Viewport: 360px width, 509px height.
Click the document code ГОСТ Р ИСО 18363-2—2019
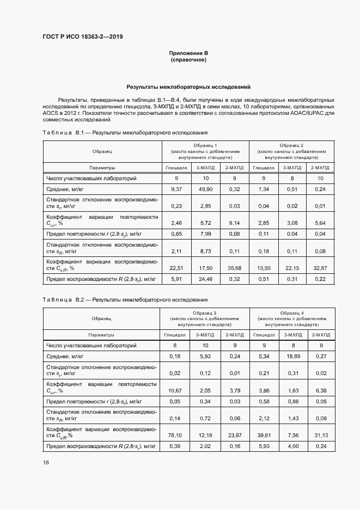pyautogui.click(x=83, y=37)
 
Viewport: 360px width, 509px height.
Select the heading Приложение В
pyautogui.click(x=188, y=53)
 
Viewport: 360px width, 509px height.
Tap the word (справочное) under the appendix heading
pyautogui.click(x=188, y=59)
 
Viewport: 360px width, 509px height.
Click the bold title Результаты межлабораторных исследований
pyautogui.click(x=188, y=87)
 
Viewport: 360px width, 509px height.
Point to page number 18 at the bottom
pyautogui.click(x=45, y=462)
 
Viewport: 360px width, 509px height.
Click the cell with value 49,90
pyautogui.click(x=205, y=189)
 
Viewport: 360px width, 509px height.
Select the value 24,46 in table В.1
pyautogui.click(x=205, y=279)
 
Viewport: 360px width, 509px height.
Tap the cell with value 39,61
pyautogui.click(x=264, y=435)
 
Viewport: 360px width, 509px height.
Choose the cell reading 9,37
pyautogui.click(x=176, y=189)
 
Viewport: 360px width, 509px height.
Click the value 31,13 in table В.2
pyautogui.click(x=320, y=435)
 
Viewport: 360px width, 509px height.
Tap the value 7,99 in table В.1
pyautogui.click(x=205, y=234)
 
